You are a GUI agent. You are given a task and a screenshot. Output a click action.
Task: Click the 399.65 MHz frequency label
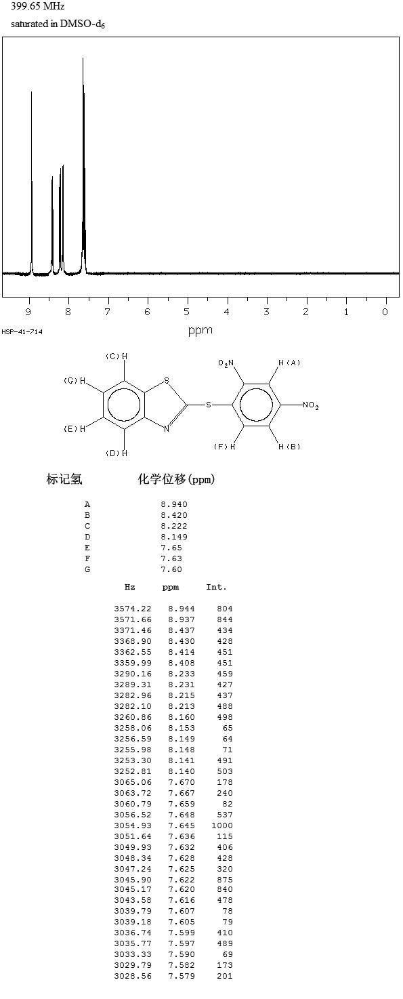(x=38, y=6)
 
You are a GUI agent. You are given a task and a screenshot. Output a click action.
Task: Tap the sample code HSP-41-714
(x=22, y=332)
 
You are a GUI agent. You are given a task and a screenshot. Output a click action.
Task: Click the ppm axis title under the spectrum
(x=200, y=331)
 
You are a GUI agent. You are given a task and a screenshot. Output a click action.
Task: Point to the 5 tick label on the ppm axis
(x=187, y=312)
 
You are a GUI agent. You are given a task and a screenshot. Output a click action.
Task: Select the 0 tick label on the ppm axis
(x=385, y=312)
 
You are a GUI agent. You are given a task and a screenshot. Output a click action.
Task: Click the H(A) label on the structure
(x=289, y=363)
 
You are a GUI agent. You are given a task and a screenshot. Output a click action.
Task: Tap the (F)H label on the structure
(x=225, y=447)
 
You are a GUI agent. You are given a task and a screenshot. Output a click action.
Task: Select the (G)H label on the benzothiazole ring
(x=75, y=381)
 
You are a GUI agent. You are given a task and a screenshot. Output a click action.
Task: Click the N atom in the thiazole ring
(x=167, y=429)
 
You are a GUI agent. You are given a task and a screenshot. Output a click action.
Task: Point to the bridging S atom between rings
(x=208, y=405)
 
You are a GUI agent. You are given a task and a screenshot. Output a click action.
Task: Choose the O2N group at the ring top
(x=226, y=364)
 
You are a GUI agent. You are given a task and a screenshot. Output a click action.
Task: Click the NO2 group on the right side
(x=311, y=405)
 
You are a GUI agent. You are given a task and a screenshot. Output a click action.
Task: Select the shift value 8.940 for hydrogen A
(x=174, y=504)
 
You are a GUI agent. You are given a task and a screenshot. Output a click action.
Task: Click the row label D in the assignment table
(x=87, y=537)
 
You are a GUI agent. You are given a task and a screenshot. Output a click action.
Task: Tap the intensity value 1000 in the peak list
(x=222, y=825)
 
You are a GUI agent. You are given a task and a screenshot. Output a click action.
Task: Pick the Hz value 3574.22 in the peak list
(x=133, y=609)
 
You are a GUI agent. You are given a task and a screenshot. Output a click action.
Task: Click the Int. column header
(x=216, y=588)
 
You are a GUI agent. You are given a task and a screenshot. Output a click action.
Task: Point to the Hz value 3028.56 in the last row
(x=133, y=976)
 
